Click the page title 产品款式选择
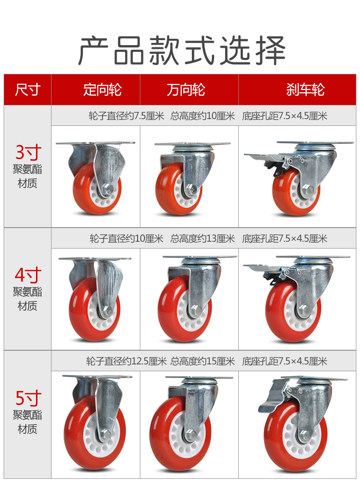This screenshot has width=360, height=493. click(x=181, y=50)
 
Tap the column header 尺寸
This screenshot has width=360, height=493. click(x=28, y=89)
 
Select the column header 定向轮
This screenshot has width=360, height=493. click(x=102, y=89)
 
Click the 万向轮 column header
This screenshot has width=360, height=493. click(x=186, y=89)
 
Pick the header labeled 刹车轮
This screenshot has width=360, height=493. click(x=305, y=89)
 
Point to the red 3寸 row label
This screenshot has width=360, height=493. click(x=28, y=152)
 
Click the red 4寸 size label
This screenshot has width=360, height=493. click(x=28, y=275)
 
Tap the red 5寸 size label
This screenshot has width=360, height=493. click(x=28, y=398)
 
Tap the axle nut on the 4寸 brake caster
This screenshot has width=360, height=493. click(x=303, y=310)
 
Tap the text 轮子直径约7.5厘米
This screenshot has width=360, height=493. click(x=126, y=116)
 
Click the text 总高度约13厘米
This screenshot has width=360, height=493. click(x=203, y=239)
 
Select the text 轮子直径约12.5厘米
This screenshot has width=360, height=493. click(x=126, y=361)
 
